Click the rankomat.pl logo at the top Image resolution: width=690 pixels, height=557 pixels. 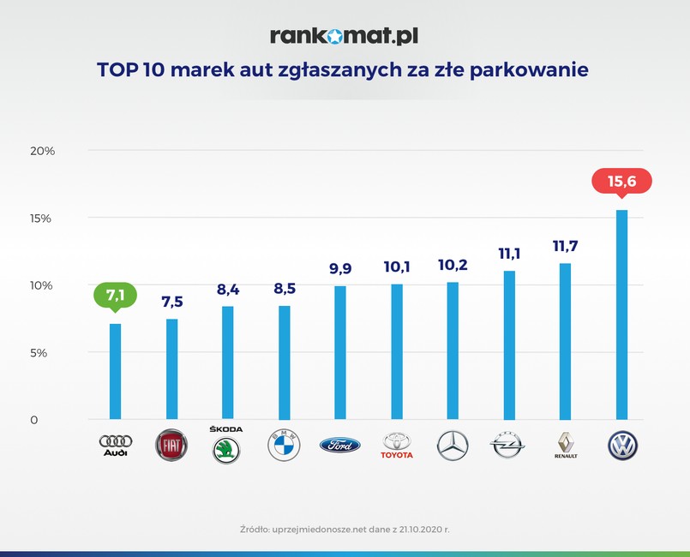pos(345,35)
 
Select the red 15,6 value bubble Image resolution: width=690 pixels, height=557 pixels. pos(621,181)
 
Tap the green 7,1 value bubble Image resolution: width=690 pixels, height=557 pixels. pos(115,296)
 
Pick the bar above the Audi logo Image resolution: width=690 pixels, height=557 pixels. pos(115,371)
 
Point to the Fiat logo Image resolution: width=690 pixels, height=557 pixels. pos(171,446)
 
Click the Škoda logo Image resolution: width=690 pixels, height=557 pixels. pos(226,446)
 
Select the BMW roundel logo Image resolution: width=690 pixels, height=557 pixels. pos(284,446)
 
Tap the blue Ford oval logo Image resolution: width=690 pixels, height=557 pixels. pos(340,445)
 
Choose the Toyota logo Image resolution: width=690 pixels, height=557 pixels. pos(396,445)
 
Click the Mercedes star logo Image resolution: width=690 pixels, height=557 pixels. pos(453,446)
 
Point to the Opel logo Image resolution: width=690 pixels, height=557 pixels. pos(509,445)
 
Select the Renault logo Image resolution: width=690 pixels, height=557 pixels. pos(566,445)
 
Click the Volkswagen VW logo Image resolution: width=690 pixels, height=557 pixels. pos(621,446)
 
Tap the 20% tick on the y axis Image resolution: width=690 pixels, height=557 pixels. pos(42,151)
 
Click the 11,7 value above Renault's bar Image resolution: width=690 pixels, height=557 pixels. pos(565,246)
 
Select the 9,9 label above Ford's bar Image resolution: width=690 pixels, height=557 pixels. pos(340,269)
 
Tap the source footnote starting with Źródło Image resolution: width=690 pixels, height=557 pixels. pos(345,530)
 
